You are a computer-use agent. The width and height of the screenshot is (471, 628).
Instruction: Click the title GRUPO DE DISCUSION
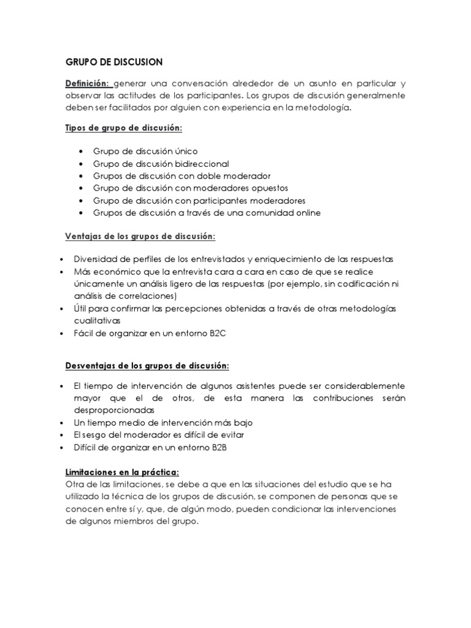click(113, 62)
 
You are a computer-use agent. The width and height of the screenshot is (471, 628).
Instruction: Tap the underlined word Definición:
click(88, 83)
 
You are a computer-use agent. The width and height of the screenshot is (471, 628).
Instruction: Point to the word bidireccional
click(200, 163)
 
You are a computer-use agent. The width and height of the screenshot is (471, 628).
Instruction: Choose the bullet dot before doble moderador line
click(82, 176)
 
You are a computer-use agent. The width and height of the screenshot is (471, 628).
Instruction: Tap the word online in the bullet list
click(307, 213)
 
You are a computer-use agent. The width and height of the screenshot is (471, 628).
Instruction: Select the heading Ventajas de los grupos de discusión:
click(140, 236)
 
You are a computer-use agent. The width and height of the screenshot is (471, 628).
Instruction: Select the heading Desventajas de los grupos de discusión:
click(147, 366)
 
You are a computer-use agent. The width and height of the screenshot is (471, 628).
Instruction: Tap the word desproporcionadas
click(113, 410)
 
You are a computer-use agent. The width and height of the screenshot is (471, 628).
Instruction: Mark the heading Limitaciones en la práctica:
click(122, 472)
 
